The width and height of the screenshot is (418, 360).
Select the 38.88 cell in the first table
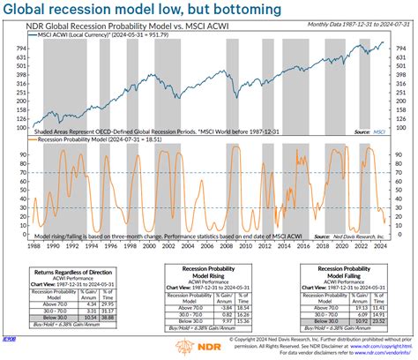click(x=110, y=315)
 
